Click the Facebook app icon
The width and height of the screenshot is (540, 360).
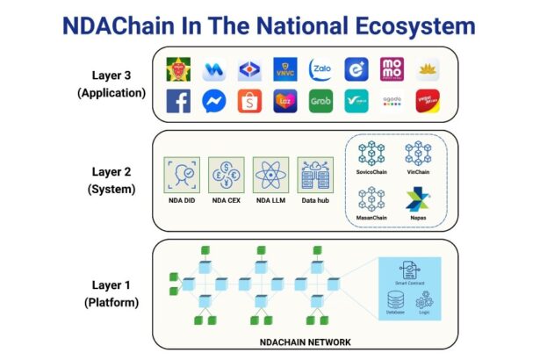(x=179, y=102)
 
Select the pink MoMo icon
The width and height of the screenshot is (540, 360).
(x=392, y=68)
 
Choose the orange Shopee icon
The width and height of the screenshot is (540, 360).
(x=250, y=102)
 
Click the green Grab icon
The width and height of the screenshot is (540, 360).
(x=320, y=102)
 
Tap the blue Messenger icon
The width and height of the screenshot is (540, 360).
(x=215, y=102)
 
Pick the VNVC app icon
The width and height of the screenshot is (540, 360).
(x=285, y=68)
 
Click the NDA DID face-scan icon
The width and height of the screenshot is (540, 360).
(x=182, y=175)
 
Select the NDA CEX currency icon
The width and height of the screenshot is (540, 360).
(x=226, y=175)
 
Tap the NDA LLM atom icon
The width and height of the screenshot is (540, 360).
(x=270, y=175)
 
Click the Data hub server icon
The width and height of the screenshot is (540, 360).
(x=313, y=175)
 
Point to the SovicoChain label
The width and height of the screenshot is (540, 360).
(x=372, y=172)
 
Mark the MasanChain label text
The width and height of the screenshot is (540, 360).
(x=372, y=217)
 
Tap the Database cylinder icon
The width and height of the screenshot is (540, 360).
(x=395, y=299)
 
